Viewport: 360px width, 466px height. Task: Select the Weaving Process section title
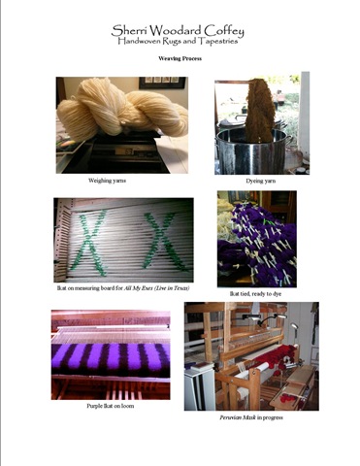[x=180, y=60]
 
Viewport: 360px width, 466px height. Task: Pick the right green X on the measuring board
[x=160, y=240]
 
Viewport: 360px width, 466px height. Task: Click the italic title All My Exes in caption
[x=160, y=289]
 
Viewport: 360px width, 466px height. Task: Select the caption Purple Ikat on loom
[x=109, y=406]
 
